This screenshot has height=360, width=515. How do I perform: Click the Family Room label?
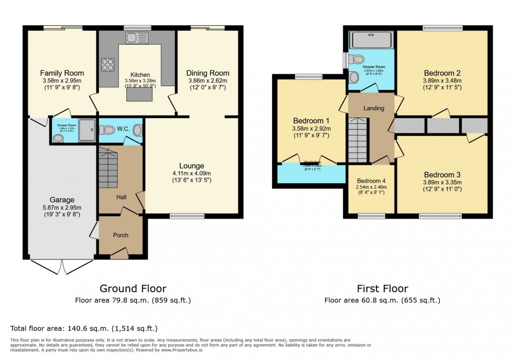click(62, 73)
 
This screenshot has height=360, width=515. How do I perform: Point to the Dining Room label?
click(208, 73)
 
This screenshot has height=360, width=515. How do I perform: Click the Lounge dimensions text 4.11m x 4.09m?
click(191, 173)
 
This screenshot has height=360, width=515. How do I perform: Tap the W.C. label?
click(123, 129)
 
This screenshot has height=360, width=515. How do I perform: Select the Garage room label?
click(62, 199)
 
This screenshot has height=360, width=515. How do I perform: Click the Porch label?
click(121, 235)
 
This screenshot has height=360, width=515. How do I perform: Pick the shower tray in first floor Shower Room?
click(371, 40)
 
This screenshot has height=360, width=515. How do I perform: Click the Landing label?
click(374, 108)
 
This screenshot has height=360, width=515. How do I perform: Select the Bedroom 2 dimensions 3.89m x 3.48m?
click(442, 80)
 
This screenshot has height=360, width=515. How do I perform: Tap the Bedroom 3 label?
click(442, 175)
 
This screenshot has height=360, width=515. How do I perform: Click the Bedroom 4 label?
click(371, 181)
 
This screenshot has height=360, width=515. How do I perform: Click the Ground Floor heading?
click(133, 289)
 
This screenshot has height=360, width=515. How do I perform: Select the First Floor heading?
click(382, 289)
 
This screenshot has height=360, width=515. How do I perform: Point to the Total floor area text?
click(84, 328)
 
